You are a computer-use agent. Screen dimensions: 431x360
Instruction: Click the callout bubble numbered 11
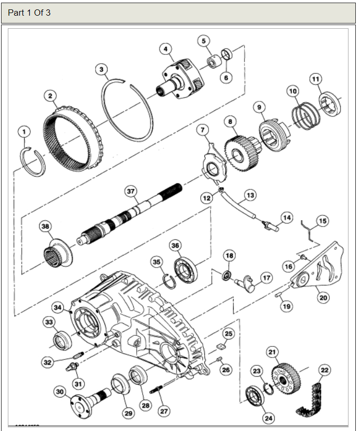pos(316,79)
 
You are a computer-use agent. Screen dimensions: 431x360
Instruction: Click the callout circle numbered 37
pos(131,192)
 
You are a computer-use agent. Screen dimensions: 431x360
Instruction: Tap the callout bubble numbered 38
pos(46,227)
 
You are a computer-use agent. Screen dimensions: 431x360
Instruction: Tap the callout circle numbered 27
pos(164,411)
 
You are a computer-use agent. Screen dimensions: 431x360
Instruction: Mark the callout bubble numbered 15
pos(323,221)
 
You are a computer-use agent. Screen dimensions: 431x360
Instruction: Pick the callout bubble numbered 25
pos(228,333)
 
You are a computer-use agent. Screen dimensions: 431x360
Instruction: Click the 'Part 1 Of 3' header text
pos(29,13)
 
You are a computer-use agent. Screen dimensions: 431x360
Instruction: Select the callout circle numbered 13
pos(250,195)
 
